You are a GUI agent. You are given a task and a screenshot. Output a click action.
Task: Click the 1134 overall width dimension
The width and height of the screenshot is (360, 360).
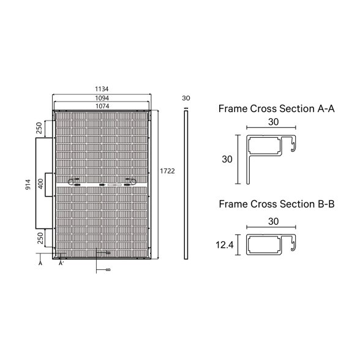click(102, 89)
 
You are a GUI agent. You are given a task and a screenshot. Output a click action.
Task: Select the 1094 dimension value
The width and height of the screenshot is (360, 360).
click(102, 98)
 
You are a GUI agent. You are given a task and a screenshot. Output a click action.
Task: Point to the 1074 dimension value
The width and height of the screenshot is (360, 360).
click(102, 106)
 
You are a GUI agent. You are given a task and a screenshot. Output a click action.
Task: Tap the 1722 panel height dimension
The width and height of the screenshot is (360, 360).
click(167, 171)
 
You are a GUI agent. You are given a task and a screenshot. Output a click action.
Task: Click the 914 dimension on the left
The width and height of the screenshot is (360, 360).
click(28, 185)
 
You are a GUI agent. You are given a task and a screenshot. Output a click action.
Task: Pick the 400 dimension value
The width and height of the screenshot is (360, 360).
click(40, 184)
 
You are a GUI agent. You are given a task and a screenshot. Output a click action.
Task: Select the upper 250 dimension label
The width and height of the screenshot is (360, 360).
click(39, 128)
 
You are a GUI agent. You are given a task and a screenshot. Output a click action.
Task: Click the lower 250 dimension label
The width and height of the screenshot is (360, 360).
click(40, 238)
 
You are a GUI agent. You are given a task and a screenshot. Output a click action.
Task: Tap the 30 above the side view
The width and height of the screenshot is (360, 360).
click(186, 98)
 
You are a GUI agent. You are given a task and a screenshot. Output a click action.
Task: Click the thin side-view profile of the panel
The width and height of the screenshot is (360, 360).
click(186, 185)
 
